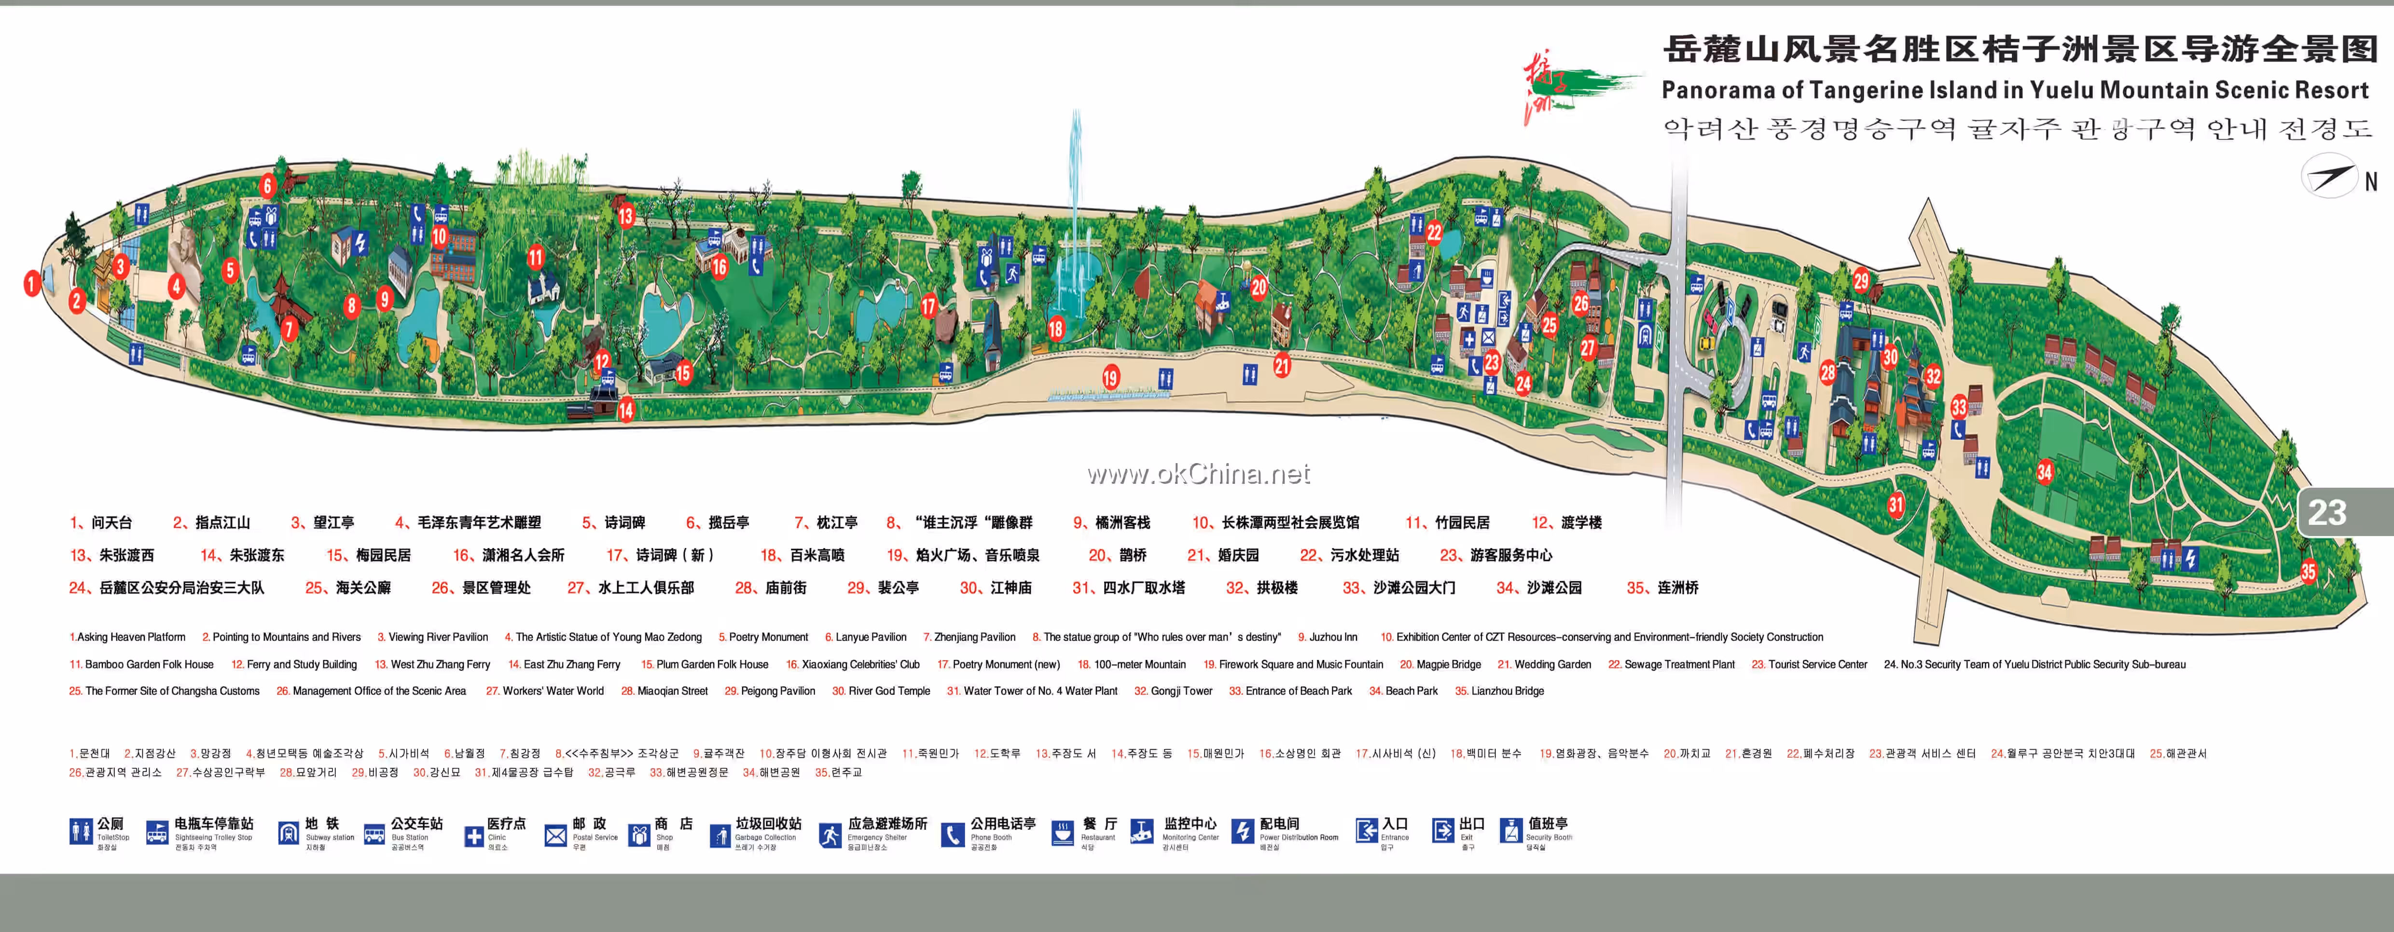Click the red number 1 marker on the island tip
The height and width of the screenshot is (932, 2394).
pos(31,283)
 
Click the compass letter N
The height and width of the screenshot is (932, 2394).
pos(2371,182)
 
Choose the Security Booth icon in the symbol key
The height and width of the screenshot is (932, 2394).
pos(1510,831)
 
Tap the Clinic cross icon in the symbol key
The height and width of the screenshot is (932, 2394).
pos(474,836)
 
